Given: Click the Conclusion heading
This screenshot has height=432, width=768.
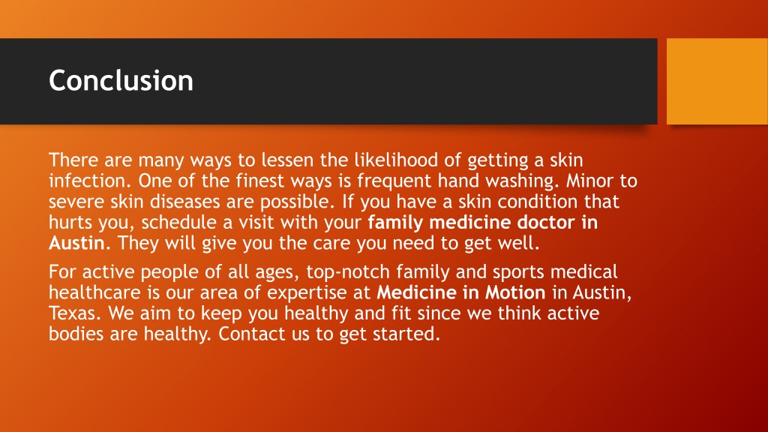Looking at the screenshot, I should click(121, 79).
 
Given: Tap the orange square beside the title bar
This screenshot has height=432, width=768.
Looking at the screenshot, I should click(717, 81).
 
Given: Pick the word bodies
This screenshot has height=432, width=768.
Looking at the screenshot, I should click(76, 334).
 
